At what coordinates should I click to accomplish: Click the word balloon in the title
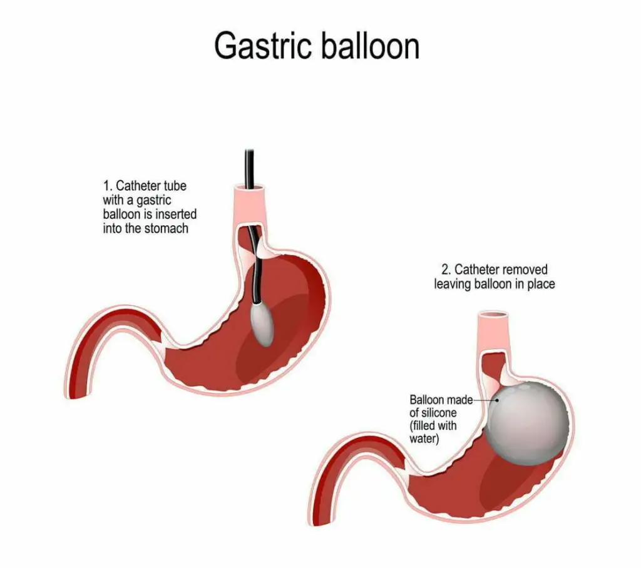(371, 45)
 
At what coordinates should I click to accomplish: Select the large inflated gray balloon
(528, 423)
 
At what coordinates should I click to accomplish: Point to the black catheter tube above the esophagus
(249, 168)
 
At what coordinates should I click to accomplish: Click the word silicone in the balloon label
(438, 413)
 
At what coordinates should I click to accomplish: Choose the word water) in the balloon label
(424, 439)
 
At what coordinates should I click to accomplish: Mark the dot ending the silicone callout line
(496, 400)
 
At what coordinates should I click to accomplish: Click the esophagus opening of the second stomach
(493, 315)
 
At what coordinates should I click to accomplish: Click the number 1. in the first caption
(108, 186)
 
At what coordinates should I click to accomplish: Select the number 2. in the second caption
(446, 270)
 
